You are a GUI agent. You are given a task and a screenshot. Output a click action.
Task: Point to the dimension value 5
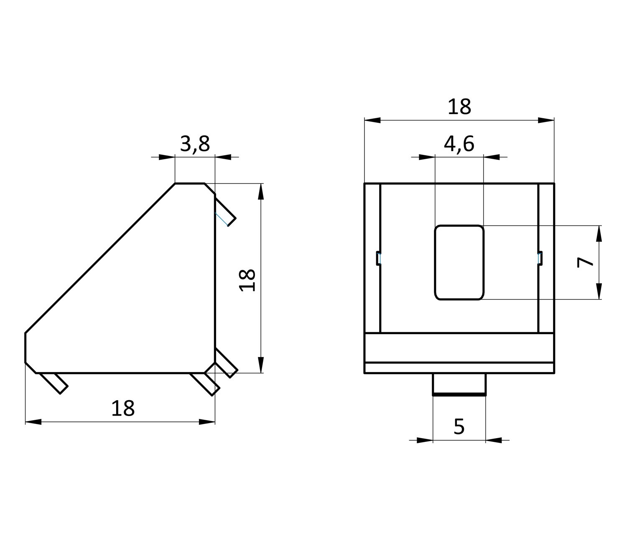(x=459, y=426)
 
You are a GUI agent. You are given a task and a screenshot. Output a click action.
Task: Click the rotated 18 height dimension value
(x=247, y=280)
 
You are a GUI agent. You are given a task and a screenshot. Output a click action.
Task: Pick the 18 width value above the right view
(x=459, y=107)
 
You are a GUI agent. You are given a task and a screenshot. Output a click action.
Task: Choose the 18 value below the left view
(x=123, y=409)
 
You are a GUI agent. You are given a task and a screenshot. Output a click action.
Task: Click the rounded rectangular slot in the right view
(x=459, y=263)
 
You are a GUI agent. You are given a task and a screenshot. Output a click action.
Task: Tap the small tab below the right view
(x=459, y=384)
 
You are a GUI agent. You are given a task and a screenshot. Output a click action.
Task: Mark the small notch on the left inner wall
(x=379, y=258)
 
